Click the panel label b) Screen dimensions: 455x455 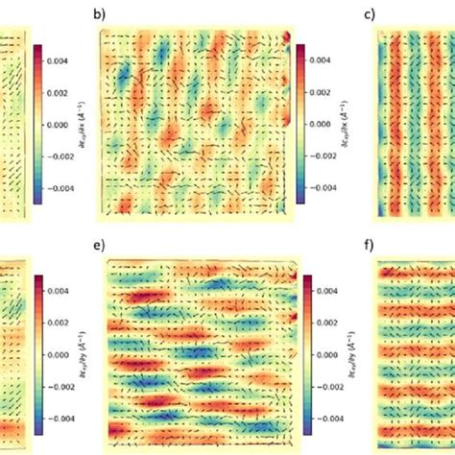[97, 14]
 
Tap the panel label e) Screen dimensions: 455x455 [97, 247]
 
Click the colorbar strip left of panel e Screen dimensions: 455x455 [38, 354]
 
